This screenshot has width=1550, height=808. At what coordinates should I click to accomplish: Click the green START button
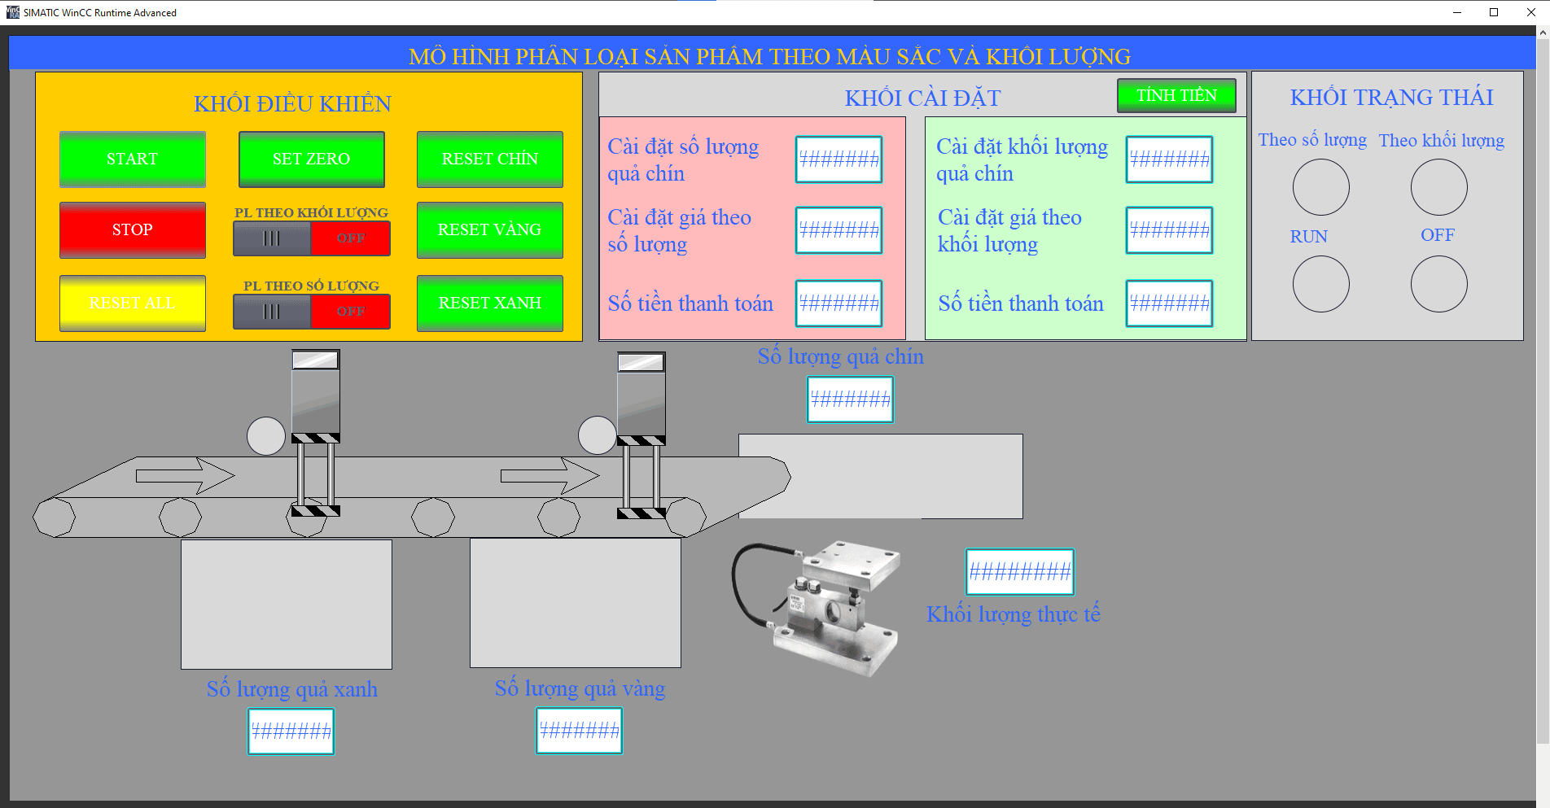click(132, 159)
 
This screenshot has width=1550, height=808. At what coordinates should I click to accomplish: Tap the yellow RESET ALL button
click(132, 304)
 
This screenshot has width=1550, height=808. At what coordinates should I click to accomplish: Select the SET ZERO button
click(311, 159)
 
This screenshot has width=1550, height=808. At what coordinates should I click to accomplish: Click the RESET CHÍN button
click(489, 159)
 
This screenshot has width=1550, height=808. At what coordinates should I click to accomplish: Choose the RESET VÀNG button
click(489, 230)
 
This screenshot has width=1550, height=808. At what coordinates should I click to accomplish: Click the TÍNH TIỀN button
click(1176, 95)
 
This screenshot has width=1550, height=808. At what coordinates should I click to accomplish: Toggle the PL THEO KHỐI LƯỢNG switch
click(311, 238)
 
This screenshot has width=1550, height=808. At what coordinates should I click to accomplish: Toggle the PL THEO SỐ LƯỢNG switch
click(311, 312)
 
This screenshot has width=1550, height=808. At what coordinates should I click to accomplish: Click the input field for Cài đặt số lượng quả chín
click(838, 159)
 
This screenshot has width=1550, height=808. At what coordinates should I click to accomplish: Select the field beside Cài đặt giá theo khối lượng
click(1169, 230)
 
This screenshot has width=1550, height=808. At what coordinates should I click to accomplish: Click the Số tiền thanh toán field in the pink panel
click(838, 304)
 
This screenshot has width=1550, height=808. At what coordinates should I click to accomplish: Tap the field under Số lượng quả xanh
click(291, 732)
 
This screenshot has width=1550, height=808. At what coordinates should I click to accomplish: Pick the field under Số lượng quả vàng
click(579, 731)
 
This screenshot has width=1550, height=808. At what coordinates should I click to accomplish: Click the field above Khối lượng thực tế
click(1019, 572)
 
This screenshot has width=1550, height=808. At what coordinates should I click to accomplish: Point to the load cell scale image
click(818, 606)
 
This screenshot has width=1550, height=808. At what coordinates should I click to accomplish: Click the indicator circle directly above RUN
click(1320, 187)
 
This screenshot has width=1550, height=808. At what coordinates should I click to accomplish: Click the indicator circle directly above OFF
click(1438, 187)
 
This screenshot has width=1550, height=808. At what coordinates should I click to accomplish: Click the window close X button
click(1530, 12)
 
